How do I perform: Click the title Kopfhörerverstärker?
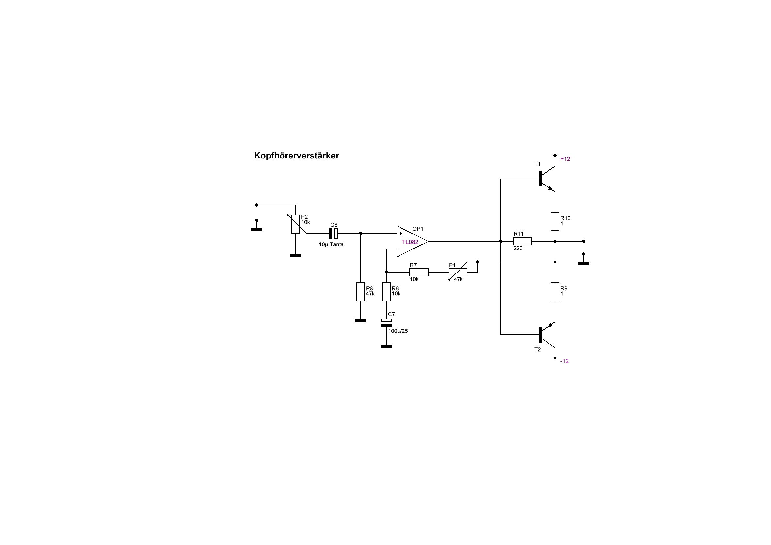pyautogui.click(x=297, y=156)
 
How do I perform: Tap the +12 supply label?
pyautogui.click(x=565, y=159)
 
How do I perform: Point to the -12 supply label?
pyautogui.click(x=564, y=361)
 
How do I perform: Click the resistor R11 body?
pyautogui.click(x=522, y=241)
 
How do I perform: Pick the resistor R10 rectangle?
pyautogui.click(x=555, y=221)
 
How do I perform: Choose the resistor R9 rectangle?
pyautogui.click(x=555, y=292)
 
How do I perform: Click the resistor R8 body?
pyautogui.click(x=360, y=292)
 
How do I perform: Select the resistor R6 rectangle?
pyautogui.click(x=387, y=292)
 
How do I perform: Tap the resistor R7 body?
pyautogui.click(x=419, y=272)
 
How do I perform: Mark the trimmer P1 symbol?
pyautogui.click(x=458, y=272)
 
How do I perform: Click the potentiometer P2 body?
pyautogui.click(x=295, y=224)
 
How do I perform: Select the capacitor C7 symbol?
pyautogui.click(x=387, y=323)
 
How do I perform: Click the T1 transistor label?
pyautogui.click(x=537, y=164)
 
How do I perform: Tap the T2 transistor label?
pyautogui.click(x=537, y=349)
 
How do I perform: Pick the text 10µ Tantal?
pyautogui.click(x=332, y=244)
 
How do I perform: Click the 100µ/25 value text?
pyautogui.click(x=398, y=331)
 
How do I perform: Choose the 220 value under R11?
pyautogui.click(x=518, y=249)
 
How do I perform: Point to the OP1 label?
pyautogui.click(x=418, y=229)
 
